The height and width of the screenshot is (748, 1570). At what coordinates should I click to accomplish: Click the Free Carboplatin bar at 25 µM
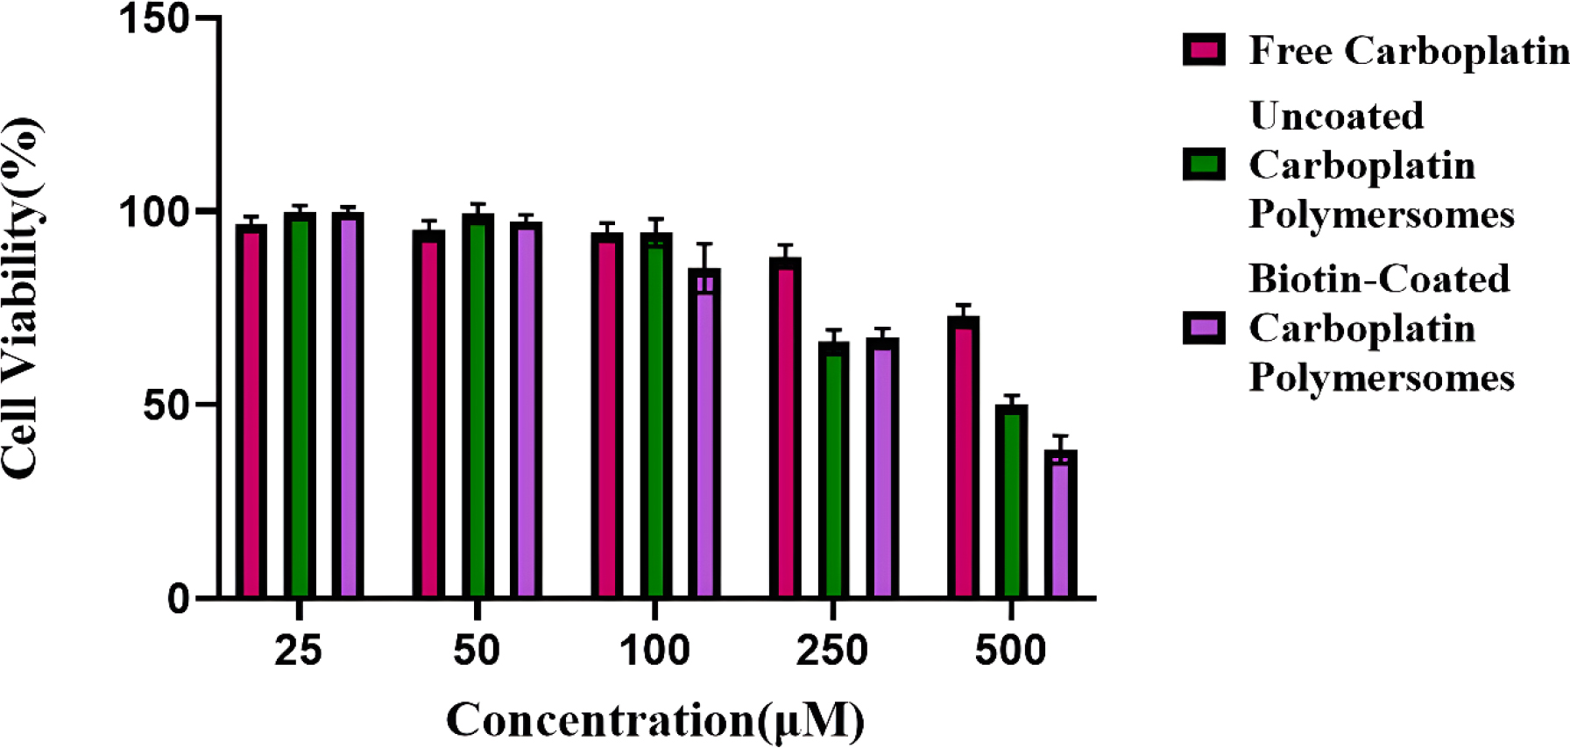[x=251, y=412]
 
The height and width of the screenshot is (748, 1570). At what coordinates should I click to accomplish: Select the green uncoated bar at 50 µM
[x=477, y=406]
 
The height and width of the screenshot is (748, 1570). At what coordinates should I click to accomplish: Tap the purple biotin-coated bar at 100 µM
[x=704, y=434]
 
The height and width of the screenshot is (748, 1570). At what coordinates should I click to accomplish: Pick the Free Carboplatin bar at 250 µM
[x=785, y=428]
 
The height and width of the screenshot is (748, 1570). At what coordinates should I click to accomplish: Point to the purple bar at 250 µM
[x=882, y=469]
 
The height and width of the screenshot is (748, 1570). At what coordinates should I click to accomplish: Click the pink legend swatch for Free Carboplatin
[x=1204, y=50]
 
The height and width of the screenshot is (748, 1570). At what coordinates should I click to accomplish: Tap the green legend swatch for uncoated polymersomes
[x=1204, y=164]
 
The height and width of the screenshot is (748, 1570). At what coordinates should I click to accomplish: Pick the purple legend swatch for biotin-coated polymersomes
[x=1204, y=328]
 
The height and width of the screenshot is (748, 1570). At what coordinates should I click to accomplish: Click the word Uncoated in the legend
[x=1336, y=116]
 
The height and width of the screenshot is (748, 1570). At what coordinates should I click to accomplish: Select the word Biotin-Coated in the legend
[x=1379, y=279]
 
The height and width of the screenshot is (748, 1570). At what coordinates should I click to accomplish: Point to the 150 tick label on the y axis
[x=154, y=18]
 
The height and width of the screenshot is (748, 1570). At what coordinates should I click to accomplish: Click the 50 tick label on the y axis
[x=166, y=405]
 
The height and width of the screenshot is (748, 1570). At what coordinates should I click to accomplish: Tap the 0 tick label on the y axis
[x=179, y=598]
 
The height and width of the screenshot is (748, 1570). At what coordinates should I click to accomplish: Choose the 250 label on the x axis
[x=831, y=651]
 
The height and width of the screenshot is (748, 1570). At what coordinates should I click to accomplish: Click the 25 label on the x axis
[x=298, y=651]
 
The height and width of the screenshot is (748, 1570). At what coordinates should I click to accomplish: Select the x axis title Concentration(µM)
[x=655, y=720]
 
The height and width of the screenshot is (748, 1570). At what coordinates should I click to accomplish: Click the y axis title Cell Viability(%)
[x=22, y=298]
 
